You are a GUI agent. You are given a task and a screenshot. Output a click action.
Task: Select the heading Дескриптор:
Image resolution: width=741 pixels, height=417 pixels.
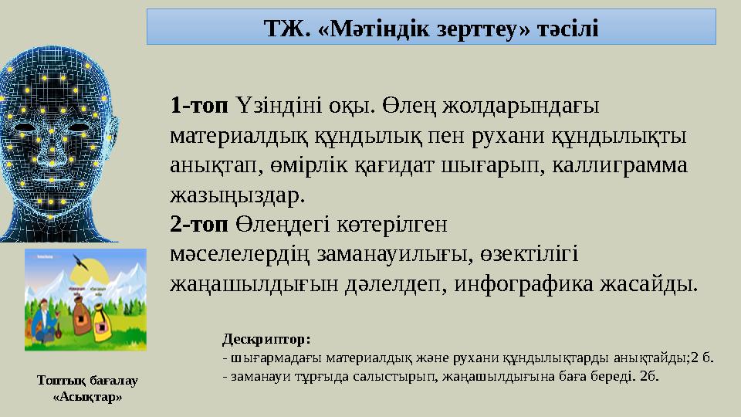pyautogui.click(x=266, y=338)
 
